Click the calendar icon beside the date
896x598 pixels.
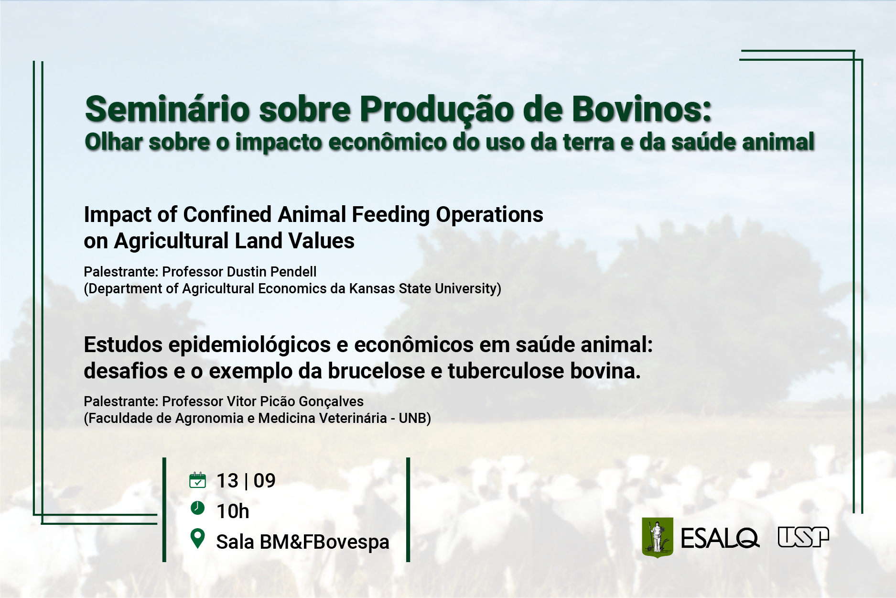point(197,480)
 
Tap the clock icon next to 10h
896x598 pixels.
point(197,508)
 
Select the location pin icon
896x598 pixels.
point(197,539)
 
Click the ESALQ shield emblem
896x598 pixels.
point(658,537)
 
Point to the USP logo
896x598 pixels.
point(803,537)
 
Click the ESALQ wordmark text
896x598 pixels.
point(720,538)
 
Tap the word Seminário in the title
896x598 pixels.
point(168,109)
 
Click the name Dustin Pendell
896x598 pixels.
point(272,272)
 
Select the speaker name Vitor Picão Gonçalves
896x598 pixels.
point(295,401)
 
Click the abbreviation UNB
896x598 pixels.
point(412,418)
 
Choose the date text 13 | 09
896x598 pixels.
point(246,481)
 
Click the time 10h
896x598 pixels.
point(233,511)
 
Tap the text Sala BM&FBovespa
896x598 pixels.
point(303,542)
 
